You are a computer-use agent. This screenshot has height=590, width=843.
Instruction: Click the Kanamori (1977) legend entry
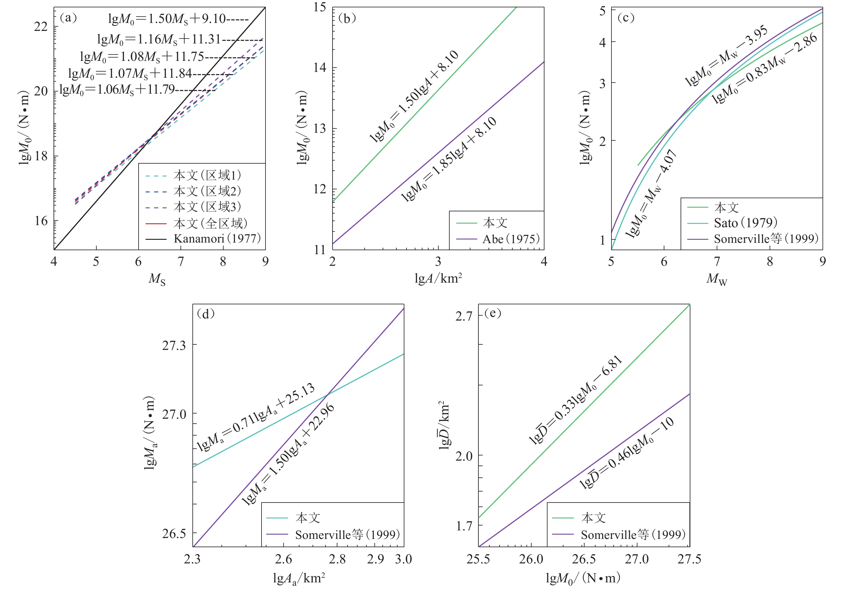click(217, 239)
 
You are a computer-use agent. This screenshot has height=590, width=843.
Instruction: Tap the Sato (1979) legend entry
click(745, 223)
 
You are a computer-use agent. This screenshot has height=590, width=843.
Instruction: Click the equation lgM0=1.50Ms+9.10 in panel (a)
click(167, 19)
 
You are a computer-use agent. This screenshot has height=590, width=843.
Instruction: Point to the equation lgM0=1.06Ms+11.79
click(117, 90)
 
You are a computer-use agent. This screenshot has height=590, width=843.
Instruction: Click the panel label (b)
click(347, 18)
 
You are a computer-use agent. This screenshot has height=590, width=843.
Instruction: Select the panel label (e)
click(493, 313)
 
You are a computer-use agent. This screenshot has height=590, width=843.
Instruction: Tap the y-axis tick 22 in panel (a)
click(41, 26)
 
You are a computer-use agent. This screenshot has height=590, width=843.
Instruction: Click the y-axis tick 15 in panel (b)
click(320, 8)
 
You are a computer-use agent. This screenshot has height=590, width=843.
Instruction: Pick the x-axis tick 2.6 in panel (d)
click(284, 559)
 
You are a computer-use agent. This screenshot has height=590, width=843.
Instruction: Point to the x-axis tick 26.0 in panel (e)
click(531, 559)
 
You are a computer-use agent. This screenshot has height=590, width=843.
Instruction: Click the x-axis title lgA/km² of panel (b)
click(438, 279)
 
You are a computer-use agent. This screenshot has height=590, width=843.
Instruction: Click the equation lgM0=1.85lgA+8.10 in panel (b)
click(449, 159)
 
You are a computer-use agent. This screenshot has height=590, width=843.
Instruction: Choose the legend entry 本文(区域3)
click(207, 207)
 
